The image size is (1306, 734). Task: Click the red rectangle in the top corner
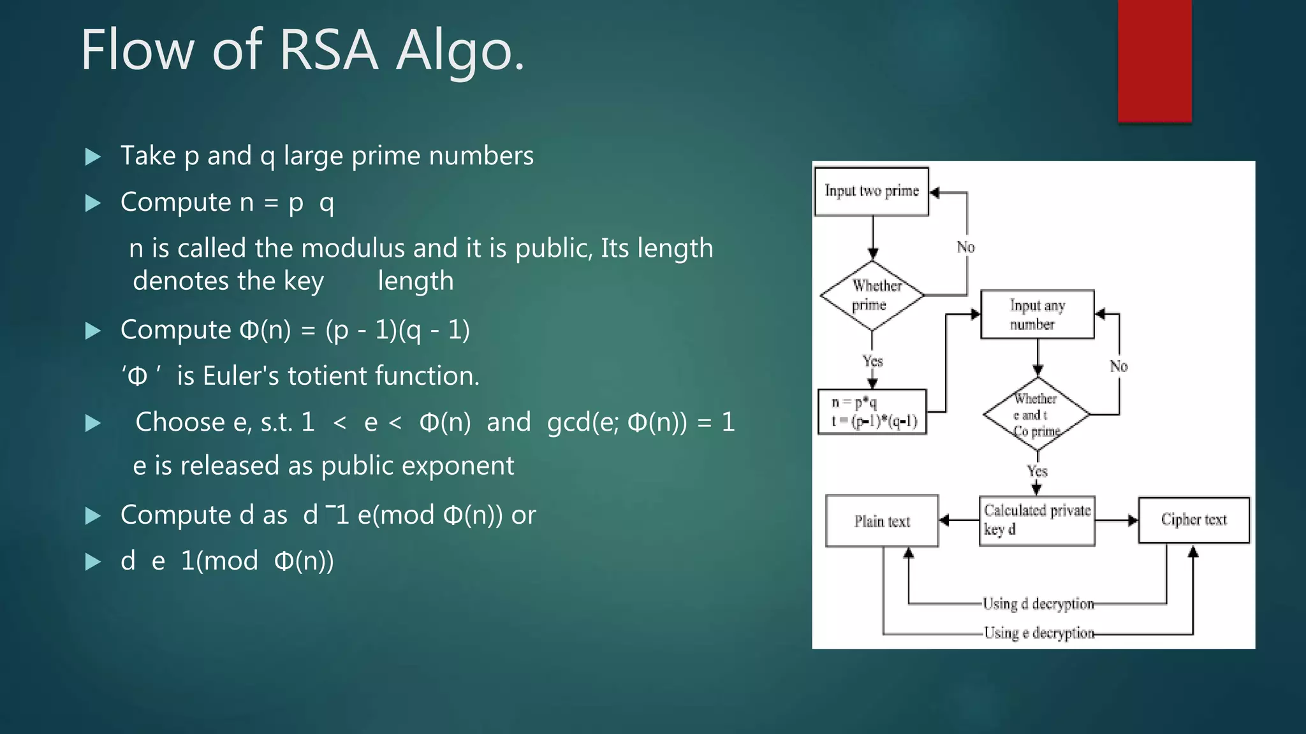pyautogui.click(x=1154, y=61)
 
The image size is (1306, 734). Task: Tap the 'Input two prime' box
pyautogui.click(x=871, y=191)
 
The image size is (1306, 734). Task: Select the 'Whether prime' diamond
pyautogui.click(x=872, y=296)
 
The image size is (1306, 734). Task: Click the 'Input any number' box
pyautogui.click(x=1037, y=314)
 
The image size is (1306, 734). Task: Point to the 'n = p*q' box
pyautogui.click(x=872, y=412)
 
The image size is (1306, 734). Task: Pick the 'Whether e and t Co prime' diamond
pyautogui.click(x=1036, y=414)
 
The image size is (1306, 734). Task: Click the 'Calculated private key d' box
pyautogui.click(x=1037, y=521)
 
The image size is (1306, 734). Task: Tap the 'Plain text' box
pyautogui.click(x=882, y=521)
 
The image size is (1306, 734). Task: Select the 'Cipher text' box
pyautogui.click(x=1194, y=520)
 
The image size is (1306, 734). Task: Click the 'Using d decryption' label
pyautogui.click(x=1038, y=603)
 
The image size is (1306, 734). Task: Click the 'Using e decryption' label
pyautogui.click(x=1038, y=633)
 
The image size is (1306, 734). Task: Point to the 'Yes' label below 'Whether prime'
pyautogui.click(x=872, y=361)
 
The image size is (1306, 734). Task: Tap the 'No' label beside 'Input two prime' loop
pyautogui.click(x=965, y=247)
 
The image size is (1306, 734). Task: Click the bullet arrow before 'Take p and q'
pyautogui.click(x=93, y=157)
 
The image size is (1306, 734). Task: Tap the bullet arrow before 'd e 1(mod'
pyautogui.click(x=93, y=562)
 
